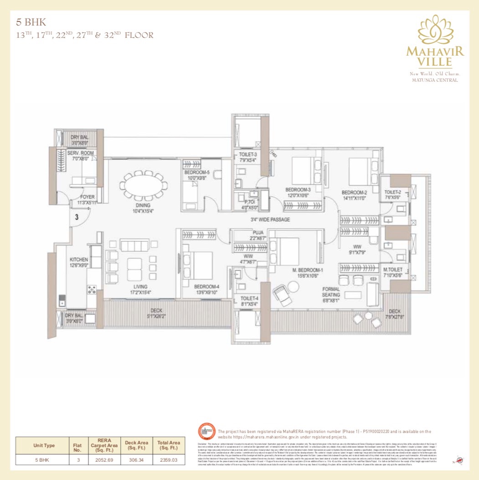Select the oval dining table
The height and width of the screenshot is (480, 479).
(143, 186)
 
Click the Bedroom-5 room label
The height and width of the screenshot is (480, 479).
(197, 172)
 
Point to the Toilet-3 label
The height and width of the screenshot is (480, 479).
(248, 155)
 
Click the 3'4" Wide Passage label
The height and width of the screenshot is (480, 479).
(270, 219)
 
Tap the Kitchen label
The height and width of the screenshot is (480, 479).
(78, 259)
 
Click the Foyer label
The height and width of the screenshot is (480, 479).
(87, 197)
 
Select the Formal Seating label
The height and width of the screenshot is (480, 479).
(331, 292)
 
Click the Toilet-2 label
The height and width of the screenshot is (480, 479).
(392, 192)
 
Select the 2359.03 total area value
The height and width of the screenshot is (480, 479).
(169, 460)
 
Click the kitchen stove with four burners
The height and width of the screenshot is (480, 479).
(92, 289)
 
